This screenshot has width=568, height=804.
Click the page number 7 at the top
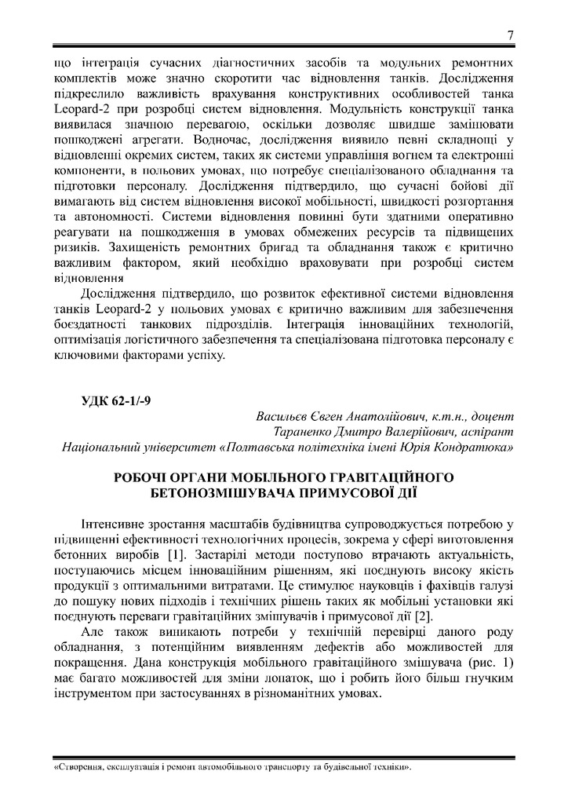point(511,35)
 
